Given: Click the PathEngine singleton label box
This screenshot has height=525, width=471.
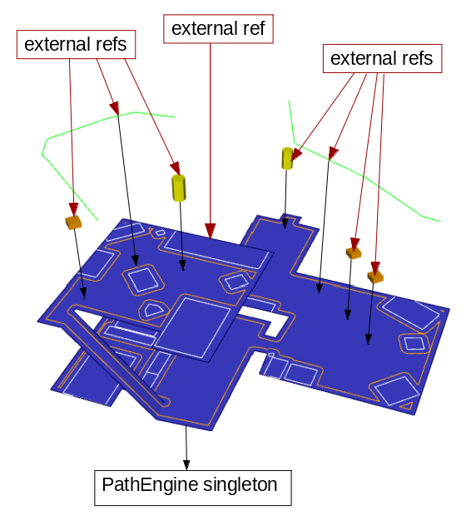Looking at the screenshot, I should tap(191, 485).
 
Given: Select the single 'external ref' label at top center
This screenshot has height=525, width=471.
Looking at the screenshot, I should tap(218, 29).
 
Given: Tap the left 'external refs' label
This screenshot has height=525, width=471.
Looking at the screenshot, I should tap(75, 45).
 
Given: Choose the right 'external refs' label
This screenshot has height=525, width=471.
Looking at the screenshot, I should tap(381, 59).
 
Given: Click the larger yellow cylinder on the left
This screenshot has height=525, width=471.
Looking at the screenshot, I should tap(179, 187).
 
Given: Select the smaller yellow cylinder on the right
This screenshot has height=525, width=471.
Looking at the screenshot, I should tap(287, 158).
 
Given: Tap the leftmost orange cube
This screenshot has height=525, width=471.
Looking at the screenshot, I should tap(74, 222).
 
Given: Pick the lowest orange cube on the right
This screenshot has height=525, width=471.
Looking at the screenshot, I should tap(375, 276).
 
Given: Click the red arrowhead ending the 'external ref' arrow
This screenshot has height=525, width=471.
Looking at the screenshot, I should tap(210, 230).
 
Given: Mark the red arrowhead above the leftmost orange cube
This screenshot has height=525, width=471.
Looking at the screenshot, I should tap(73, 209).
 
